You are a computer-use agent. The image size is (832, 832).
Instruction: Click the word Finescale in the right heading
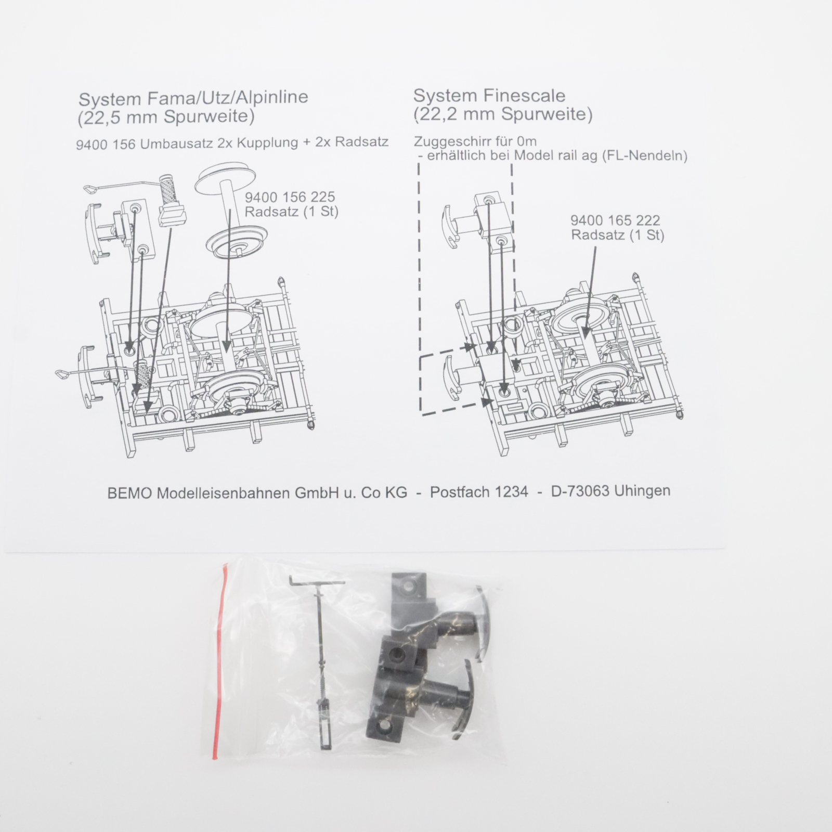click(524, 96)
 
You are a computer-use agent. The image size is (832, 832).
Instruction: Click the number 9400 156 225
click(290, 197)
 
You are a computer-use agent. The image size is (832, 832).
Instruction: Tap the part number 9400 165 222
click(615, 220)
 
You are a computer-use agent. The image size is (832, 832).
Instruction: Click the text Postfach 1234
click(478, 492)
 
